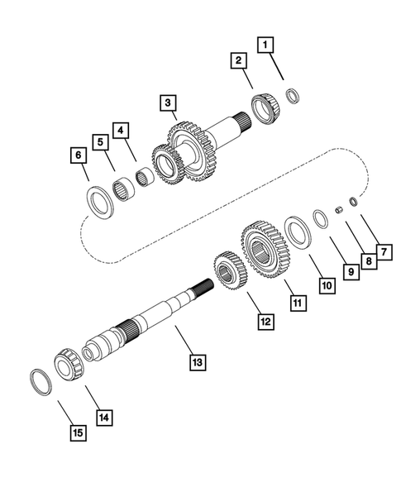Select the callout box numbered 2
click(237, 60)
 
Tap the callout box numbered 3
click(168, 103)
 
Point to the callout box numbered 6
click(78, 155)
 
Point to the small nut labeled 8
click(338, 210)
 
